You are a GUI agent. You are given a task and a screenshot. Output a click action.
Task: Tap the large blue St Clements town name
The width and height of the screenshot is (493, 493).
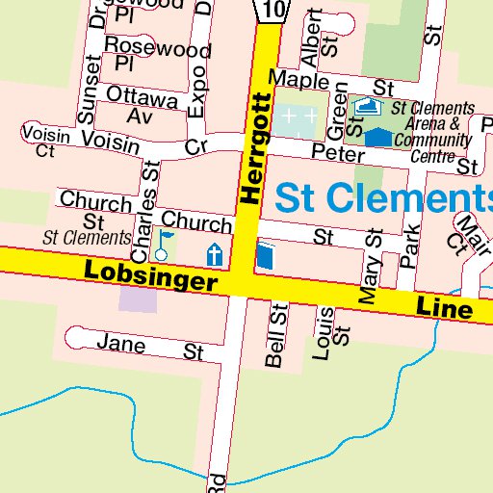click(x=383, y=197)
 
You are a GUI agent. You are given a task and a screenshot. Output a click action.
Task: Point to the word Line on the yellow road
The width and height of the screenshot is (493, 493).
click(x=445, y=308)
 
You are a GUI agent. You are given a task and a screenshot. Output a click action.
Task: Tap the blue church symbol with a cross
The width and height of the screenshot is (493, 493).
click(x=215, y=255)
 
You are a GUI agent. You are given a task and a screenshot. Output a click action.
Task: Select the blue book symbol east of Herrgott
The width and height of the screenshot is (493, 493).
click(x=266, y=257)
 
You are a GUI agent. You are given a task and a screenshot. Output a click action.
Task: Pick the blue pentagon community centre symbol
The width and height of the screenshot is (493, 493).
click(x=379, y=137)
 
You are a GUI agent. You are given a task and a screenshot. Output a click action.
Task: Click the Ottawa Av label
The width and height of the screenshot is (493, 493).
click(x=141, y=106)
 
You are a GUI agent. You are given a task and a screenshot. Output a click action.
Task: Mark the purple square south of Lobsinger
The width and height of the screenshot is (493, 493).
click(x=135, y=297)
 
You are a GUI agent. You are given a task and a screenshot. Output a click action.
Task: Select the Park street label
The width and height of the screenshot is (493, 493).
click(x=411, y=245)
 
